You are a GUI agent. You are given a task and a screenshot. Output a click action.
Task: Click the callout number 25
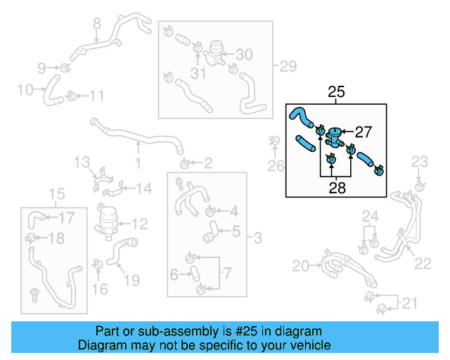click(x=337, y=92)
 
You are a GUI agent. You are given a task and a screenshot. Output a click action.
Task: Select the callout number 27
click(x=363, y=131)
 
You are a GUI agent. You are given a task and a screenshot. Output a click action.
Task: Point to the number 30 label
click(x=243, y=55)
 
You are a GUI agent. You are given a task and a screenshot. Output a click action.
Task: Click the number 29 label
click(x=288, y=67)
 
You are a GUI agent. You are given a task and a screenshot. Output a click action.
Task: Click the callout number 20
click(x=300, y=266)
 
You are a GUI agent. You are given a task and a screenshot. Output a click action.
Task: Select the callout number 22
click(x=423, y=264)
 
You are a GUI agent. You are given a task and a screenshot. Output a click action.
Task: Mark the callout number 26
click(x=277, y=167)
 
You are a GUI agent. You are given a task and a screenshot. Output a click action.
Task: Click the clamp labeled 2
click(x=185, y=165)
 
